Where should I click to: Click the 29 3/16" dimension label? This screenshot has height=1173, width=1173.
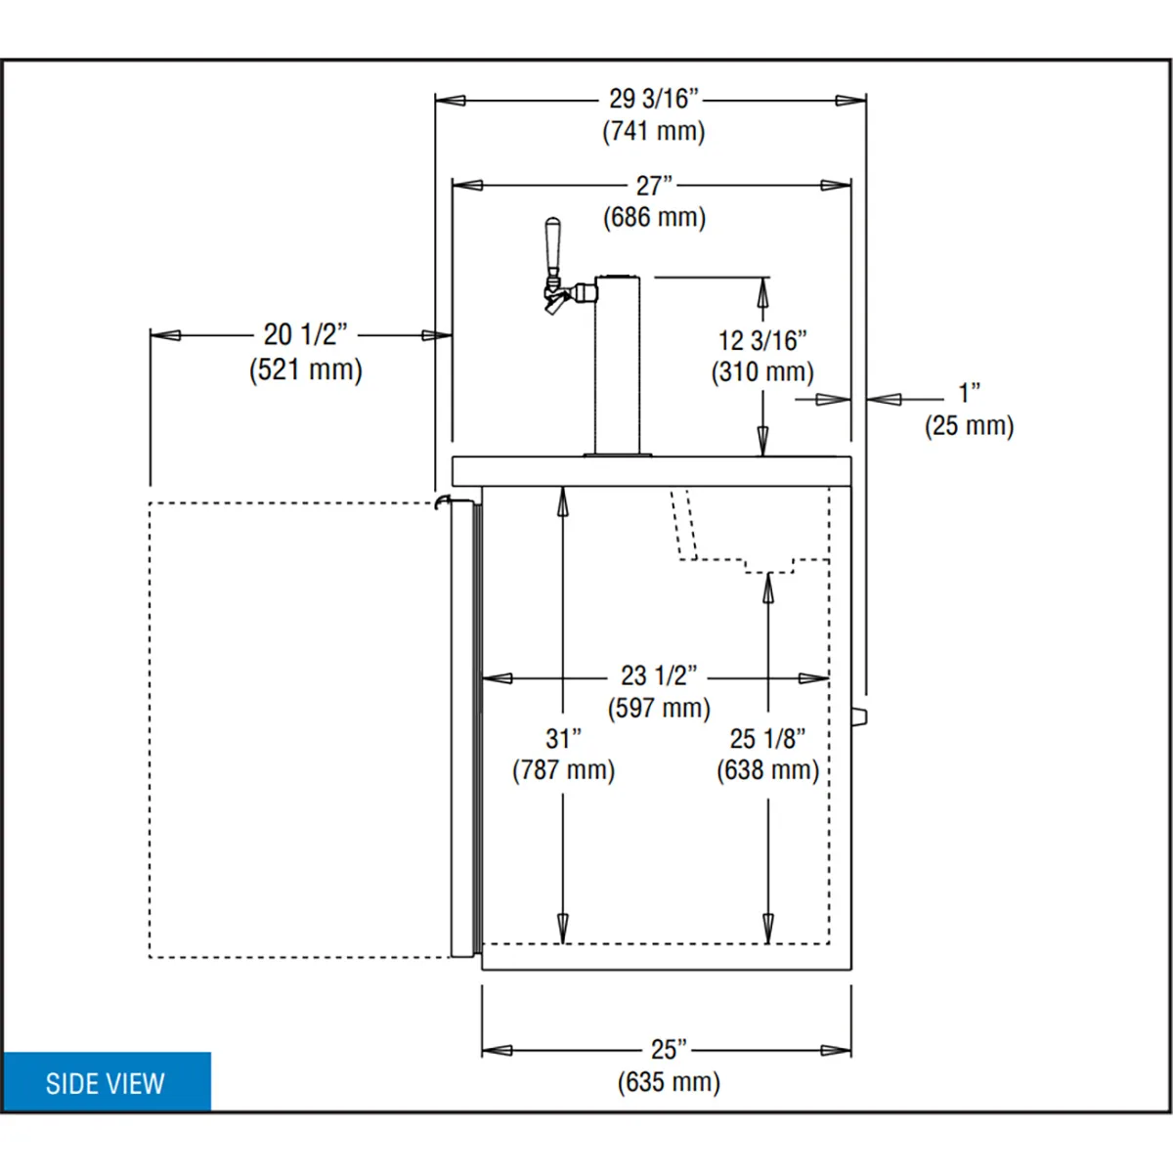coord(654,99)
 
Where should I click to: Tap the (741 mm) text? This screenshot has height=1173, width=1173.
coord(654,132)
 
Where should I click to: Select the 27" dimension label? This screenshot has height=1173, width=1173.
coord(654,186)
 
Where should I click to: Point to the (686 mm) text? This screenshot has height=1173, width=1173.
coord(654,217)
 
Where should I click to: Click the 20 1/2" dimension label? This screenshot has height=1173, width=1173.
coord(306,334)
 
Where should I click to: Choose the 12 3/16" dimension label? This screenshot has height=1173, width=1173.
coord(762,341)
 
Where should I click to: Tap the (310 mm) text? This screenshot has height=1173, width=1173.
coord(762,371)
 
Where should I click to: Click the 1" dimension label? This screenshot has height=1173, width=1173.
coord(970,393)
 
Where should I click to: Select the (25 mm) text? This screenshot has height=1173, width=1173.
coord(969,425)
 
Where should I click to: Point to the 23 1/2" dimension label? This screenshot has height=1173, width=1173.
coord(659,675)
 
